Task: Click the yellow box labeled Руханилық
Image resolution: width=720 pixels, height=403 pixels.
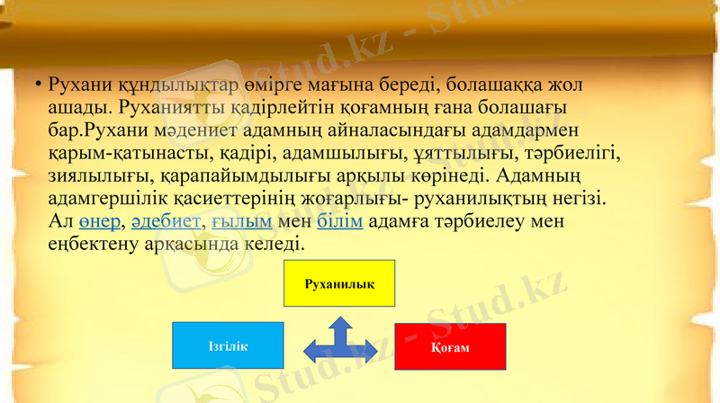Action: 339,283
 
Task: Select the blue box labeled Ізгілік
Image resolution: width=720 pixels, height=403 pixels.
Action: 228,345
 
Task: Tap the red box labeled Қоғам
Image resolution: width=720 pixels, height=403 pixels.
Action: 450,346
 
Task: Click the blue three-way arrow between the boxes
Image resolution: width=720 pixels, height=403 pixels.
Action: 339,344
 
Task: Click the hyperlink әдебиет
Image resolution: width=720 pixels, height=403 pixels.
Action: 166,221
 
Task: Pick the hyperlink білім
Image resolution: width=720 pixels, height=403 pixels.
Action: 340,221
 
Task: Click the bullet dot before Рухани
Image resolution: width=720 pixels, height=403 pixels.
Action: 39,85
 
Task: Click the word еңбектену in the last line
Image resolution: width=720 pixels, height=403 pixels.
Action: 93,244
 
